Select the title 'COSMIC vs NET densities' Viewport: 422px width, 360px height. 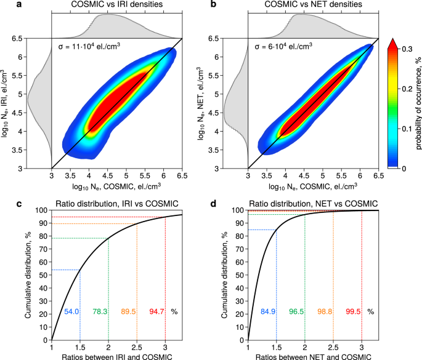(x=313, y=6)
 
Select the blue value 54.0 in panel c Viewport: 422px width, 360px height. (x=73, y=312)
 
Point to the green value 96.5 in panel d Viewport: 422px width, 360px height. (x=298, y=312)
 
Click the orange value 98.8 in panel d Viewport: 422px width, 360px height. (x=327, y=312)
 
